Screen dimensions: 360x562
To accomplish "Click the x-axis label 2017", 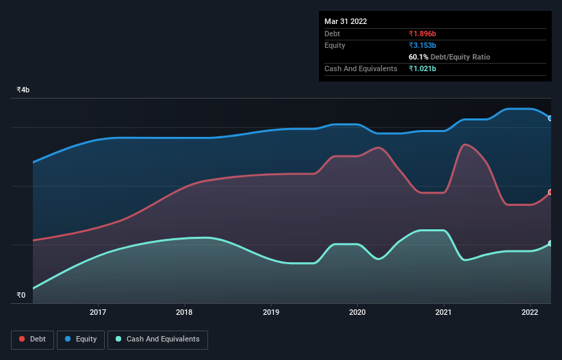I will (98, 312).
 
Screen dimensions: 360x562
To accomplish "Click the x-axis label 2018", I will (184, 312).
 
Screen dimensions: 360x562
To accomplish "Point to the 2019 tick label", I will (271, 312).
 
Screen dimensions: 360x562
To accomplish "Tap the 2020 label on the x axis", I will (357, 312).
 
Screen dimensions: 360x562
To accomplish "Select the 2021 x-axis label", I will (444, 312).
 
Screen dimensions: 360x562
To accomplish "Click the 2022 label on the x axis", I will (530, 312).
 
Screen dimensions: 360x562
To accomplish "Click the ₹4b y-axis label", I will (23, 90).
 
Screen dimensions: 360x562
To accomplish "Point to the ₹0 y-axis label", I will (21, 296).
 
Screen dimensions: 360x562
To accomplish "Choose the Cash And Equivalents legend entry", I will (157, 339).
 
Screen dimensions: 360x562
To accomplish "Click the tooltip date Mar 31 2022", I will (346, 21).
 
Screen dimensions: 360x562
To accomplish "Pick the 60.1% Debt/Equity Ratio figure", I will (449, 57).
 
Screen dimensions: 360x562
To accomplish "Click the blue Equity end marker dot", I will (550, 118).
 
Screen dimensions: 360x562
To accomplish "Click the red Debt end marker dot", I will (550, 192).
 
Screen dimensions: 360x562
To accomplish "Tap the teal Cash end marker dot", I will (550, 244).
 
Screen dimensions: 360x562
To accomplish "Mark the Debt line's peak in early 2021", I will (465, 144).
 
